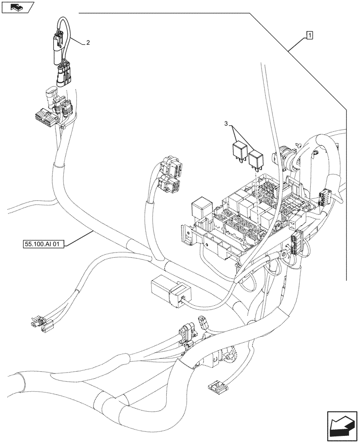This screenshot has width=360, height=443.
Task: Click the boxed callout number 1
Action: point(309,35)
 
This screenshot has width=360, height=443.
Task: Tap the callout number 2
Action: point(88,43)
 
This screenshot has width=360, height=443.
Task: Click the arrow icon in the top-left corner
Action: point(17,7)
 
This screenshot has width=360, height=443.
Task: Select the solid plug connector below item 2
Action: point(63,74)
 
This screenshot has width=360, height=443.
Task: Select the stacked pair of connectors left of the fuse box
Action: point(169,178)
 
